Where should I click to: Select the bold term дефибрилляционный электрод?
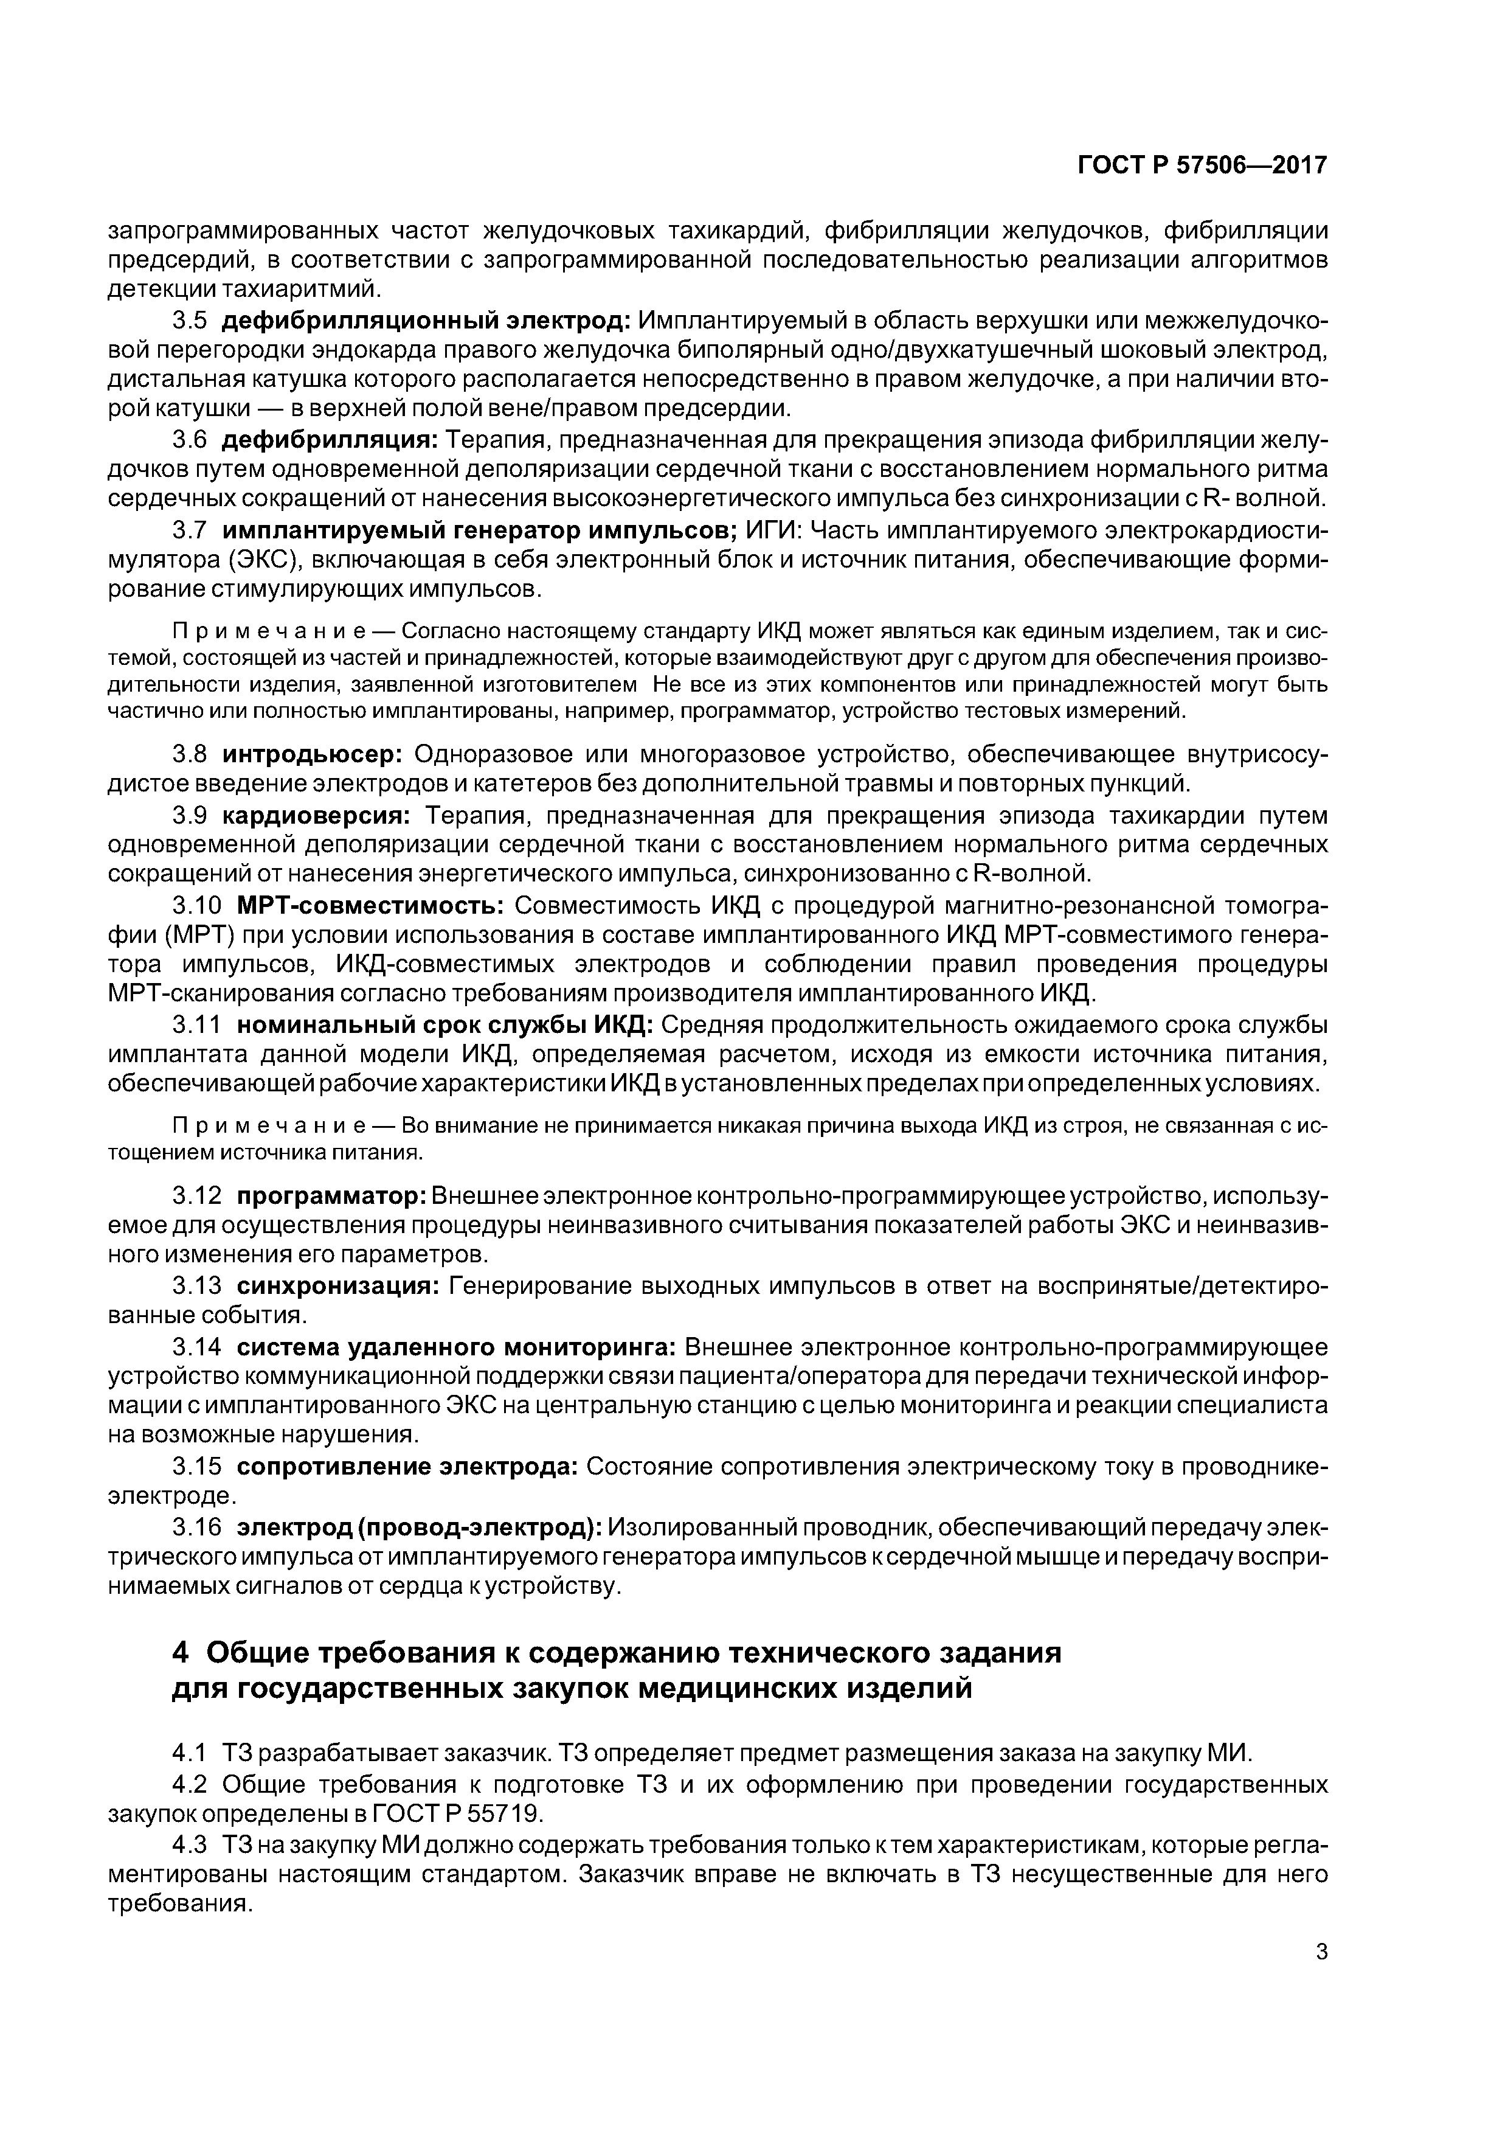(x=426, y=321)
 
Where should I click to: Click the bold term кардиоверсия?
(x=316, y=815)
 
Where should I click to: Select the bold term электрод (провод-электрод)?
(x=419, y=1527)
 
